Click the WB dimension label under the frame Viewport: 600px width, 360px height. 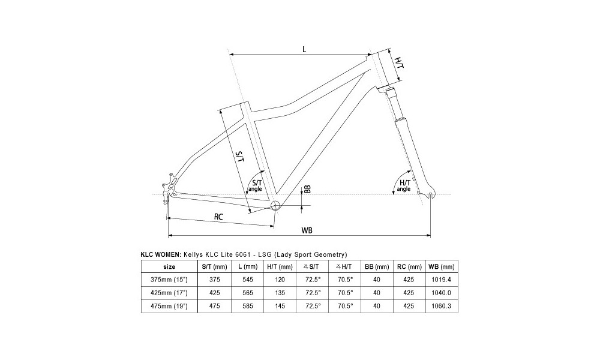point(307,230)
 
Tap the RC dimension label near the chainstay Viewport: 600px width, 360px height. point(218,217)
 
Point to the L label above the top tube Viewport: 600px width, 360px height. point(304,49)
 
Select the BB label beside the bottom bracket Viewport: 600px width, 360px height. point(307,189)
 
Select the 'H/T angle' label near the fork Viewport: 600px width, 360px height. point(404,186)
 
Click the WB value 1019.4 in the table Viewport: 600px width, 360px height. point(441,280)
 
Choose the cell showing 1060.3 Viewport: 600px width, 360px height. point(441,306)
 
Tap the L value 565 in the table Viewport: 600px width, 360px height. point(248,293)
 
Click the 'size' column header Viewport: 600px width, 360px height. point(169,266)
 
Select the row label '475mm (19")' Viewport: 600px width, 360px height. point(169,306)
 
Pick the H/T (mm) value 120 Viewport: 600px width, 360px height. point(280,280)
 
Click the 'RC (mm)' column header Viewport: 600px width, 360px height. point(409,266)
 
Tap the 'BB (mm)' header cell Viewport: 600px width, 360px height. point(377,266)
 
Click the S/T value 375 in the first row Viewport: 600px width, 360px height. point(215,280)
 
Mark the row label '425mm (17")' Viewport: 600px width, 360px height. point(169,293)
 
